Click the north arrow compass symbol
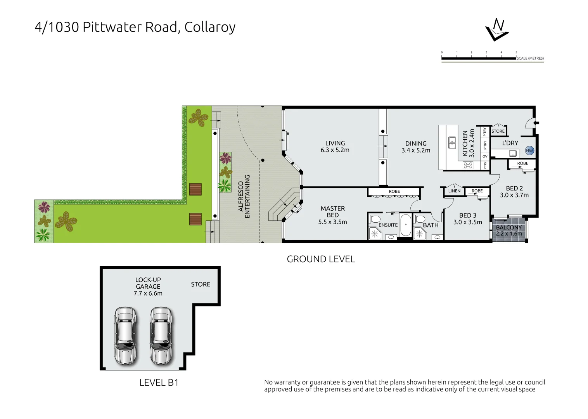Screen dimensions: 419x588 tap(497, 29)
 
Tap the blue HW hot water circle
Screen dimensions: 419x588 tap(529, 151)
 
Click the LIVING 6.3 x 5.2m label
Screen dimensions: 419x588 tap(335, 147)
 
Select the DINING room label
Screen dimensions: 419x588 tap(416, 147)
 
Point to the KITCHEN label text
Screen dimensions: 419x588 tap(469, 143)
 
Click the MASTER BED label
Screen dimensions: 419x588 tap(333, 215)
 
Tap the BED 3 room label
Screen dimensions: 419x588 tap(468, 219)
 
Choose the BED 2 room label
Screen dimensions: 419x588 tap(514, 192)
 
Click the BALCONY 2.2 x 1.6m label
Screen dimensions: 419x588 tap(509, 230)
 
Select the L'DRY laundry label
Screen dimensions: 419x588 tap(510, 143)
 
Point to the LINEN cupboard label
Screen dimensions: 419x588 tap(454, 191)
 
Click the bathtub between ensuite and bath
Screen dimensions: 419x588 tap(405, 225)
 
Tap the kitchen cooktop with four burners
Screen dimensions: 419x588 tap(468, 165)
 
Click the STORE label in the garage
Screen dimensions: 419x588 tap(201, 284)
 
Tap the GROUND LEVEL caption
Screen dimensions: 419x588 tap(321, 259)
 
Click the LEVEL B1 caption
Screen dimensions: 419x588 tap(159, 383)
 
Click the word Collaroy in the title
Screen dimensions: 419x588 tap(210, 27)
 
